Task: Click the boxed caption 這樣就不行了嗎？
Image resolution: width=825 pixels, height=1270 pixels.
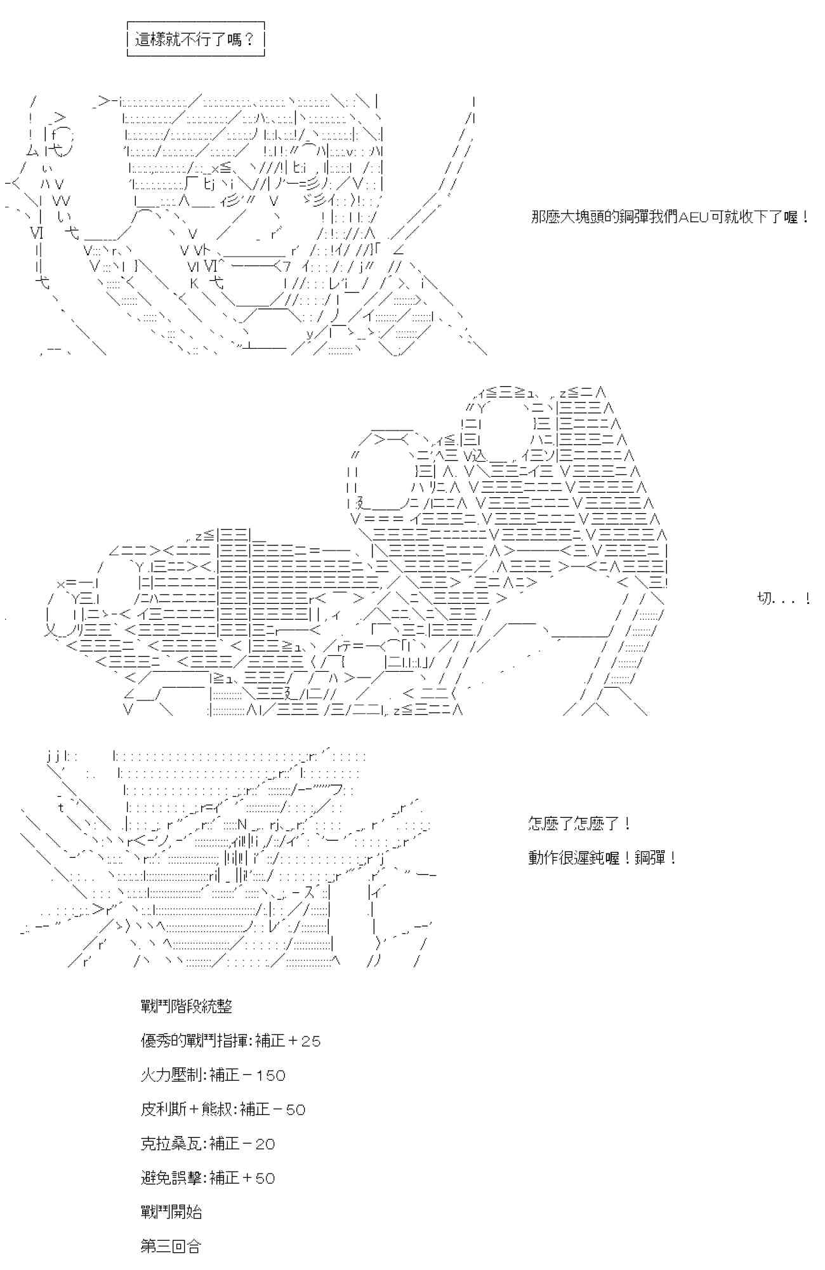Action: pyautogui.click(x=195, y=39)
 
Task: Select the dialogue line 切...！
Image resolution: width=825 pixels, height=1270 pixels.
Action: pyautogui.click(x=784, y=598)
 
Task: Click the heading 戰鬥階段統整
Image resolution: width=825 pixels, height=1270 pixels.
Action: pyautogui.click(x=187, y=1006)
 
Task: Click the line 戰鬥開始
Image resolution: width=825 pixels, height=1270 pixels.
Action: pyautogui.click(x=171, y=1212)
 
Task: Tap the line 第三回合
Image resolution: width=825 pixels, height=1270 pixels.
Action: pyautogui.click(x=171, y=1247)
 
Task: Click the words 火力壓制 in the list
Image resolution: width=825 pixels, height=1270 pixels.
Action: pyautogui.click(x=171, y=1075)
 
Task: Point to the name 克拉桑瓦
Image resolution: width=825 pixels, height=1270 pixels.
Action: pyautogui.click(x=171, y=1144)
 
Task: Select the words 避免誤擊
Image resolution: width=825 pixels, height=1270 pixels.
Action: pyautogui.click(x=171, y=1178)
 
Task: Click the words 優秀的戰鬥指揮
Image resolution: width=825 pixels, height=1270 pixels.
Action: pyautogui.click(x=195, y=1041)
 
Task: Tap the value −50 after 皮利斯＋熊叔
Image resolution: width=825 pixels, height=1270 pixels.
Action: pyautogui.click(x=289, y=1109)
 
